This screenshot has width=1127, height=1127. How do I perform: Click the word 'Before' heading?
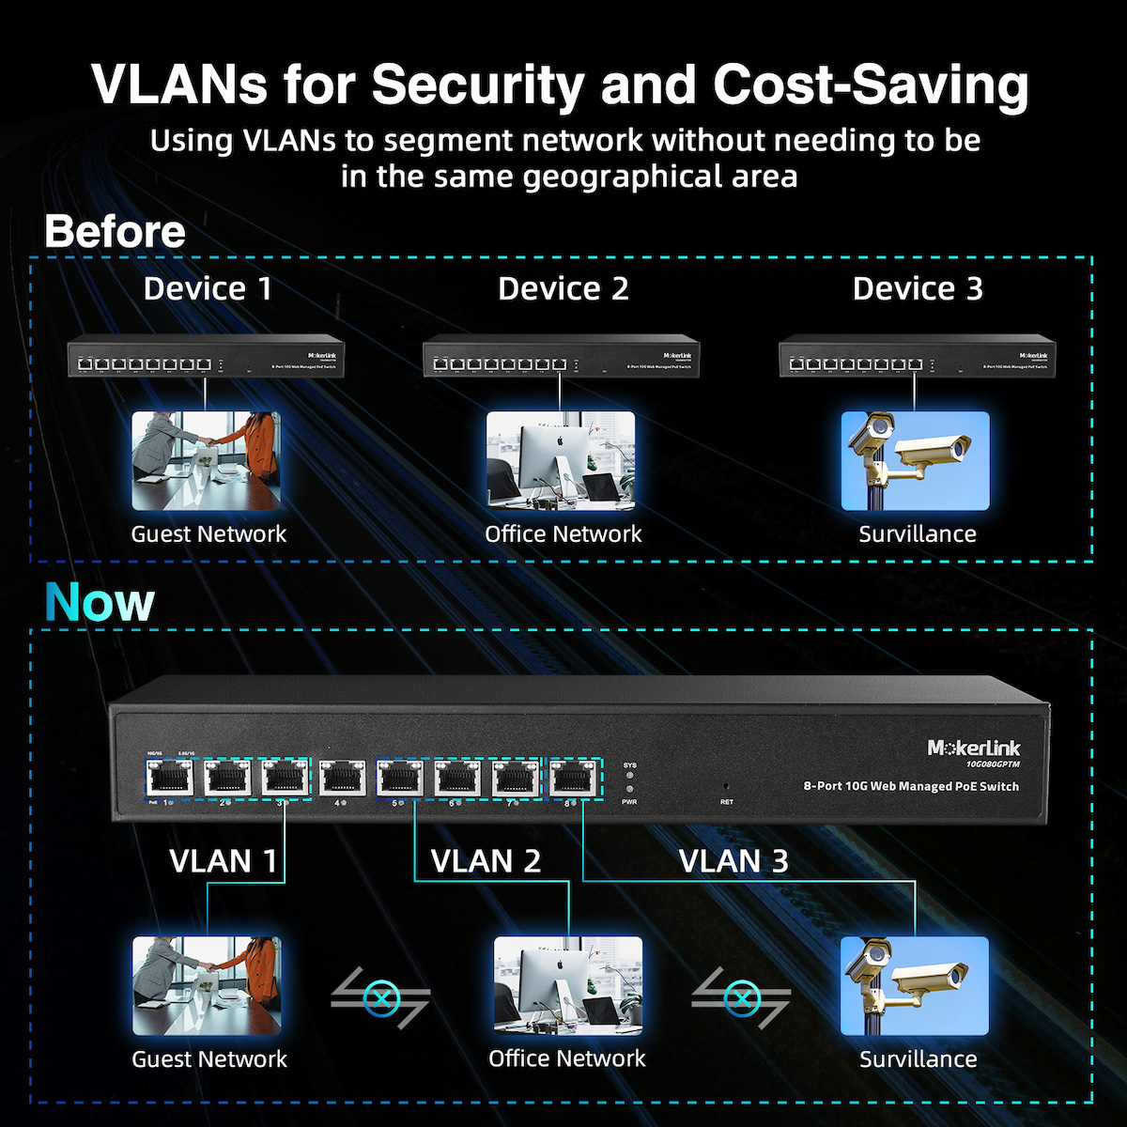click(115, 231)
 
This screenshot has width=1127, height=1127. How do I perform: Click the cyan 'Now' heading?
click(100, 602)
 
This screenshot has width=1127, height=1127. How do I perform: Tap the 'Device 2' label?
click(563, 288)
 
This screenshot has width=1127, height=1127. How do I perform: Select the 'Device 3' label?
click(918, 288)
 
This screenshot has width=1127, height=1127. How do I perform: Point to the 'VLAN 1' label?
click(223, 861)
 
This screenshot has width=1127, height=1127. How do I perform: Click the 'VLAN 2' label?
click(486, 861)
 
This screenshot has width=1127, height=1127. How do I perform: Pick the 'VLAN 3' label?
click(733, 861)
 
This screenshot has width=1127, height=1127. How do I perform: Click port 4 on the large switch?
click(343, 778)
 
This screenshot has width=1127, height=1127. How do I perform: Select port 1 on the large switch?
click(169, 778)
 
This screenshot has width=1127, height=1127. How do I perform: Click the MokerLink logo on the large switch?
click(973, 749)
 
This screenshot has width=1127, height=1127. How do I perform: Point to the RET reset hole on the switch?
click(726, 785)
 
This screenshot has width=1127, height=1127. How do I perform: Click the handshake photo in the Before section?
click(206, 460)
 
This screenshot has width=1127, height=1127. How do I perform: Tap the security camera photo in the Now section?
click(915, 985)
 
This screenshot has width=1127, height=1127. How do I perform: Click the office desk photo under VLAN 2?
click(568, 985)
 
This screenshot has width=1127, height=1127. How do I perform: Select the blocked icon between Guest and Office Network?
click(379, 997)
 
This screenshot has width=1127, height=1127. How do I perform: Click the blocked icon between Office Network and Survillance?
click(741, 997)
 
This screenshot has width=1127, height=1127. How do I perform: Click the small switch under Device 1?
click(206, 359)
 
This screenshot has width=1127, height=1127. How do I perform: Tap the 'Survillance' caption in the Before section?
click(918, 534)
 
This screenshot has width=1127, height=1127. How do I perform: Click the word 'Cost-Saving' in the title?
click(871, 85)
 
